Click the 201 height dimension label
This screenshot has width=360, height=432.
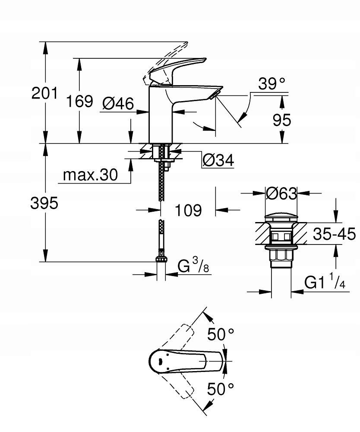point(44,93)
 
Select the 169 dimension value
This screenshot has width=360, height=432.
point(79,101)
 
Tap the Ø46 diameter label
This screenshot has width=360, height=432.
point(118,103)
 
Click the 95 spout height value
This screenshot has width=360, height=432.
point(281,120)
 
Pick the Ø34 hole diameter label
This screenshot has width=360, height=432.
point(218,160)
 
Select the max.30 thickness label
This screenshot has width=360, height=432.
point(90,175)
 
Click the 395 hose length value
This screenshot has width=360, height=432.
point(44,203)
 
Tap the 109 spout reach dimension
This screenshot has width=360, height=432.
point(188,210)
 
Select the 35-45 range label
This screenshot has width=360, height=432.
point(334,234)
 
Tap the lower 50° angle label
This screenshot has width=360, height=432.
point(220,389)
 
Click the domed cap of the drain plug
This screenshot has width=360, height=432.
point(281,216)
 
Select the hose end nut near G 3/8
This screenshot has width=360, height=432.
point(161,259)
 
